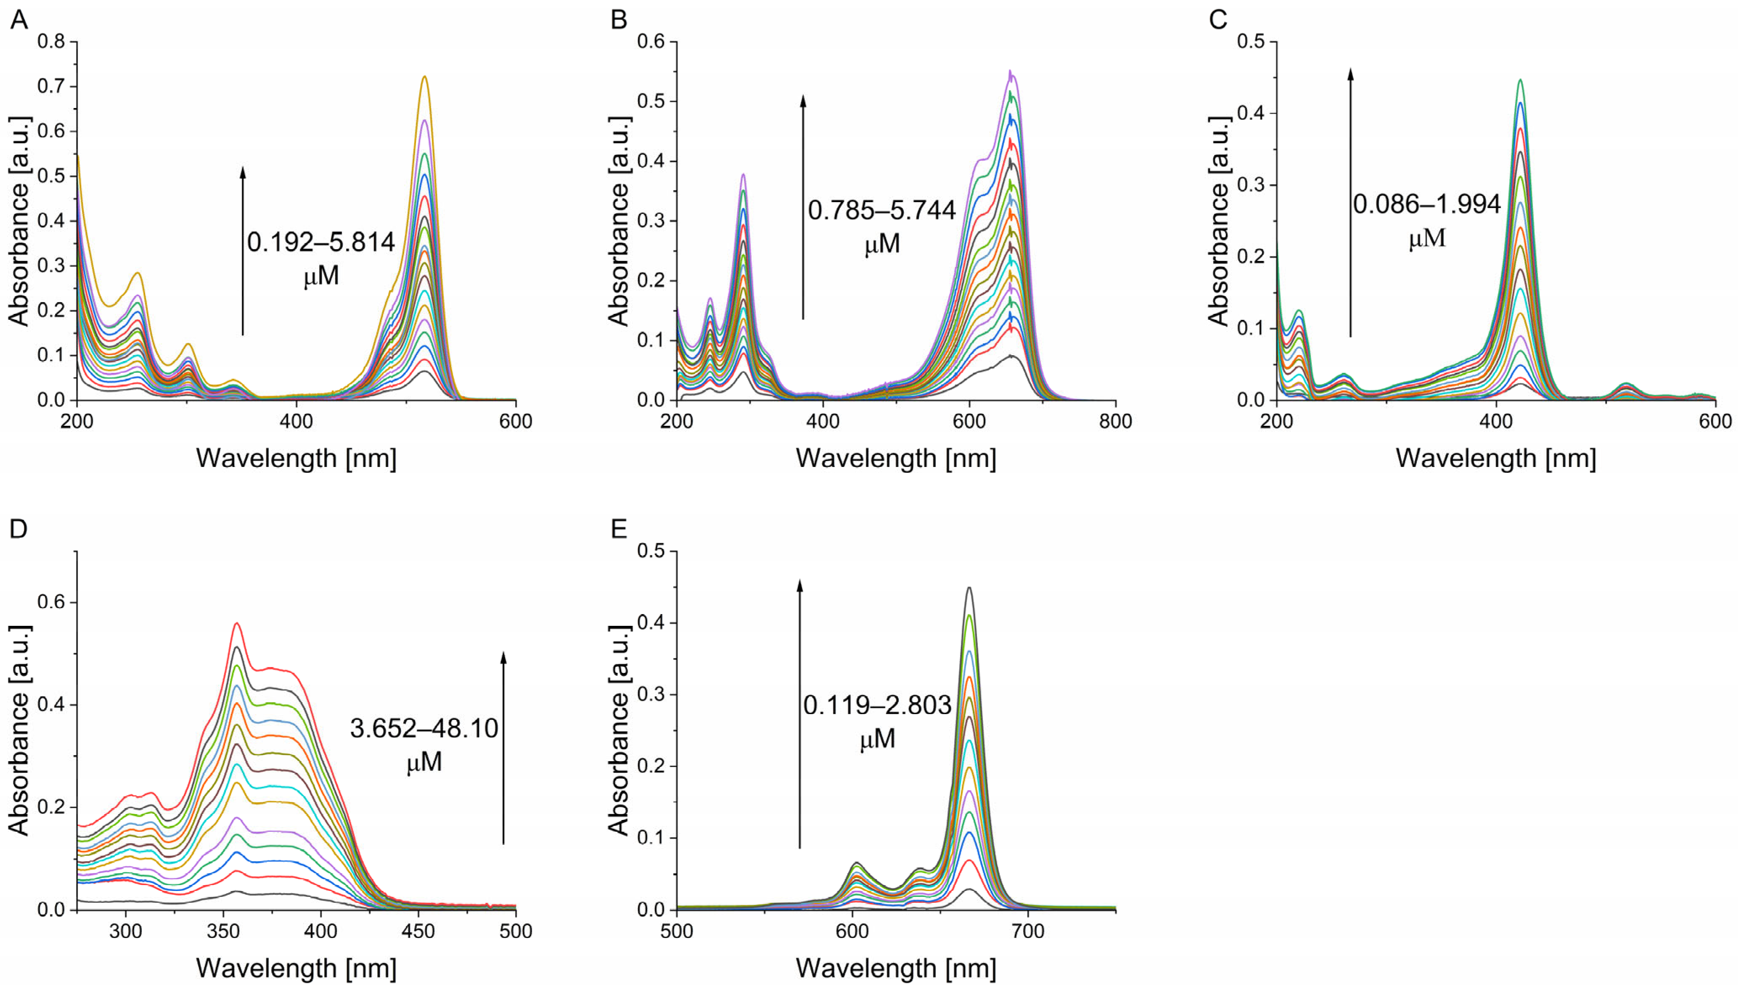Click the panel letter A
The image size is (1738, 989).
point(19,20)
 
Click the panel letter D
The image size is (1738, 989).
point(19,528)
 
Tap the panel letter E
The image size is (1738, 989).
point(618,528)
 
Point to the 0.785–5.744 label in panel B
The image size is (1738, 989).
point(881,211)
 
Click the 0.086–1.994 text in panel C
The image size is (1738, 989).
point(1426,204)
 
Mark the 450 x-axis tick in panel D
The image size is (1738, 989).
point(418,931)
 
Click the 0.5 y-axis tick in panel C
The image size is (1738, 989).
point(1251,42)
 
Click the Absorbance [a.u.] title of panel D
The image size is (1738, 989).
point(19,730)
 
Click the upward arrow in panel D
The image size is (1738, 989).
point(503,747)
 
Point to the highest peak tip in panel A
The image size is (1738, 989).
point(425,77)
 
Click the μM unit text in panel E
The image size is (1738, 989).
point(877,739)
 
